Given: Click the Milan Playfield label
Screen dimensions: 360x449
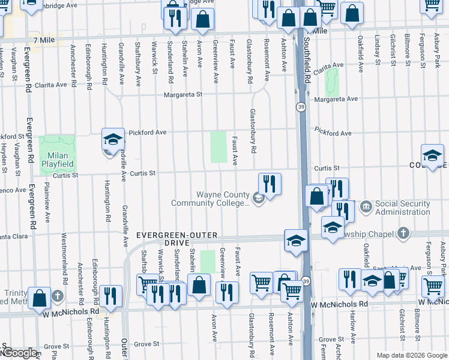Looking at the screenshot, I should [57, 159].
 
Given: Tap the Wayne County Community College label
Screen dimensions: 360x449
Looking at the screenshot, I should [209, 199].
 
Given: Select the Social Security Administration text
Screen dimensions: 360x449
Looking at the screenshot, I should [403, 208].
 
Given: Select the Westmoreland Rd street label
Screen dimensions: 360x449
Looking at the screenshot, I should [64, 267].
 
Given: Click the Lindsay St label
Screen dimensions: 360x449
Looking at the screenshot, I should [377, 49].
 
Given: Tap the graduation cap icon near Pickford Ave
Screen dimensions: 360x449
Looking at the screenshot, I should [112, 140].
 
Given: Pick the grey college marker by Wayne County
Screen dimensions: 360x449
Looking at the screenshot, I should [259, 198].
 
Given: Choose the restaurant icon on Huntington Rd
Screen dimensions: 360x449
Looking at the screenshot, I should [111, 296].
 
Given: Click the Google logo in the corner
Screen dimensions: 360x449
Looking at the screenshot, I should [19, 353].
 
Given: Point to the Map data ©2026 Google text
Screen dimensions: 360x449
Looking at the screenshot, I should [412, 355].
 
